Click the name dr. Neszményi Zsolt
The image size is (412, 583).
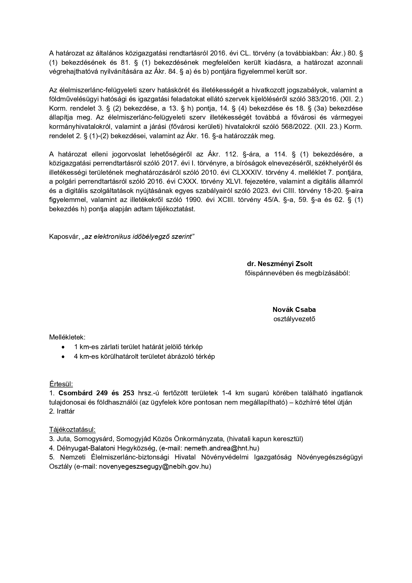pos(280,264)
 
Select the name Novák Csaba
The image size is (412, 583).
pos(294,310)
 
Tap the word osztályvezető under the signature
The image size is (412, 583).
pos(294,319)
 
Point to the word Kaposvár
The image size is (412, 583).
pos(64,237)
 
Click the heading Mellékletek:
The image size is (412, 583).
pos(67,337)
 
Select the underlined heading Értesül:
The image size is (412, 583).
pos(61,384)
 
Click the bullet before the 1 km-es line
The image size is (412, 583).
pos(63,347)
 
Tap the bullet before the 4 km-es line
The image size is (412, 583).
pos(63,356)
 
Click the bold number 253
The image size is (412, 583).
pos(128,393)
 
